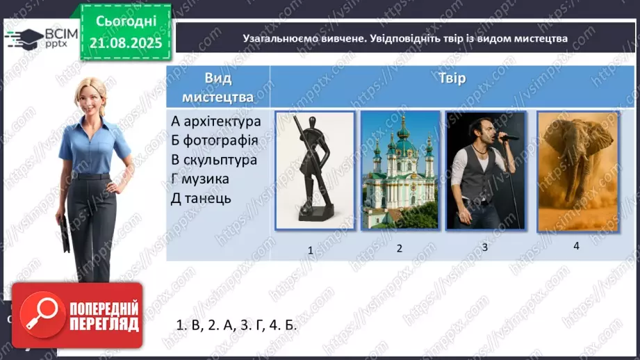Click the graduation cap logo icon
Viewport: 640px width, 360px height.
[23, 39]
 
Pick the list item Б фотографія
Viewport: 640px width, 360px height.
[215, 140]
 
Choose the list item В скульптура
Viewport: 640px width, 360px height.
[214, 160]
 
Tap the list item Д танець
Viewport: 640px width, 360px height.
[201, 199]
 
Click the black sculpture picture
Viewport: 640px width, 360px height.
[315, 170]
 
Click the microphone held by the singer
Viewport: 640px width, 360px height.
[507, 138]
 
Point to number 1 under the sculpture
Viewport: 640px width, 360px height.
[311, 251]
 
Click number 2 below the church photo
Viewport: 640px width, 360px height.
[400, 248]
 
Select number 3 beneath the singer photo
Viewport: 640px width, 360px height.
[485, 247]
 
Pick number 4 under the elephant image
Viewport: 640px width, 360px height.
[576, 245]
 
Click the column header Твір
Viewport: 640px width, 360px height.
[452, 78]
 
